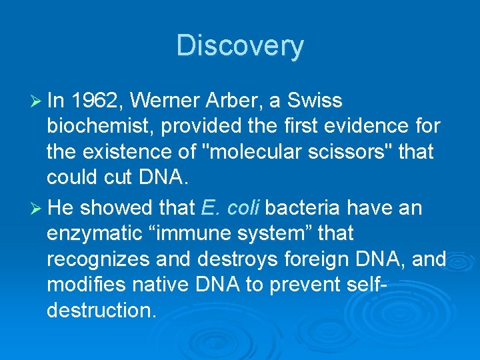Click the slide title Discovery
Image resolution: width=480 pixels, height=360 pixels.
[x=240, y=46]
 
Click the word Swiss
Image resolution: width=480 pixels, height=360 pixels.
[x=315, y=101]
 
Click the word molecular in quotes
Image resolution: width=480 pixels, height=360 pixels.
[x=256, y=153]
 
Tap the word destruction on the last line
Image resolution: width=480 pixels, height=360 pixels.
[x=101, y=311]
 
